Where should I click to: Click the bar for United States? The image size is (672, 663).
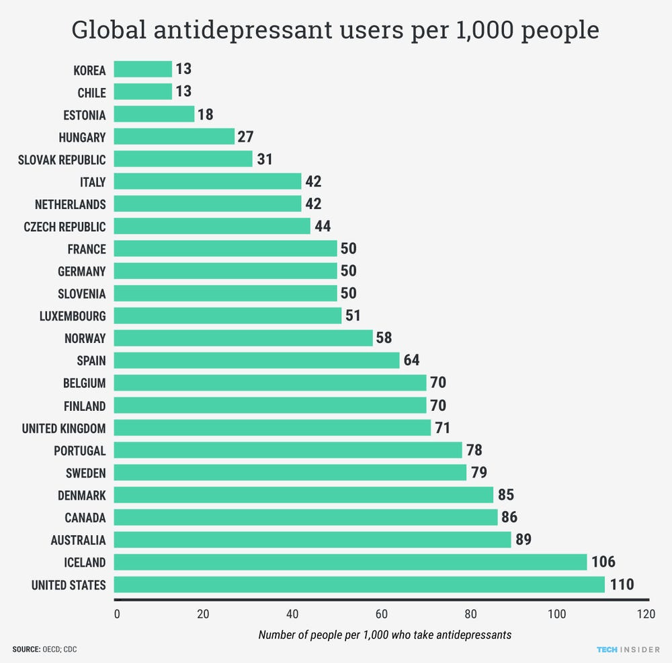[360, 584]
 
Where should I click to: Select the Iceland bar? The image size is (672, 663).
[350, 562]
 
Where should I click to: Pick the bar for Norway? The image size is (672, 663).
[243, 338]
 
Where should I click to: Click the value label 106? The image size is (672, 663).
[603, 562]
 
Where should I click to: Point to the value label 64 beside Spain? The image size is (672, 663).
[411, 360]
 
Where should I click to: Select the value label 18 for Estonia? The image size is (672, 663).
[205, 114]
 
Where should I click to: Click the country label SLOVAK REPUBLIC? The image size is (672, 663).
[62, 160]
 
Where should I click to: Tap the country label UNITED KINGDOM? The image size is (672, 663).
[64, 428]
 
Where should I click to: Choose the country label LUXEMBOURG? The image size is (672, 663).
[73, 316]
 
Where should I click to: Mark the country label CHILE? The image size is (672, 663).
[91, 93]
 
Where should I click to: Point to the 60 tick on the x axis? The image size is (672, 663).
[380, 613]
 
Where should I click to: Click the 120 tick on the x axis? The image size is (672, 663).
[646, 613]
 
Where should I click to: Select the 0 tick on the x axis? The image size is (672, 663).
[117, 613]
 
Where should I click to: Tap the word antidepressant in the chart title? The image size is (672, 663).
[226, 31]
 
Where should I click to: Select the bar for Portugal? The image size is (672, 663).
[288, 451]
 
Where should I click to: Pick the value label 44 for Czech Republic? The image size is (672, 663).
[323, 227]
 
